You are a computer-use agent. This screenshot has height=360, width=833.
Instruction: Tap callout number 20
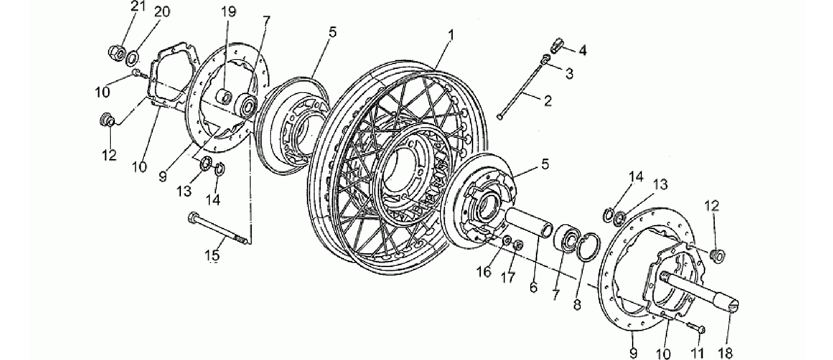coord(163,12)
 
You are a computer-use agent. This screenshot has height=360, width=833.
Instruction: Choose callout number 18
coord(728,352)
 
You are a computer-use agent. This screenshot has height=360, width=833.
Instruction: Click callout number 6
coord(534,287)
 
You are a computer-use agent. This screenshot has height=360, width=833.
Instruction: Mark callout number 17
coord(508,278)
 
